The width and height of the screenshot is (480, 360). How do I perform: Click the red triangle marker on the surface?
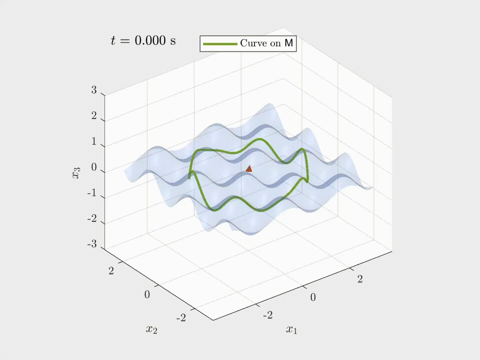click(x=249, y=169)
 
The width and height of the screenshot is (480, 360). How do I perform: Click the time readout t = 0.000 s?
click(x=143, y=41)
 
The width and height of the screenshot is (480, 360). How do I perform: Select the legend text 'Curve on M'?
click(x=266, y=43)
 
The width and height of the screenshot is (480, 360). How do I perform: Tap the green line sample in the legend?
click(x=220, y=44)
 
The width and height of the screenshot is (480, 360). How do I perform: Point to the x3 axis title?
click(x=77, y=173)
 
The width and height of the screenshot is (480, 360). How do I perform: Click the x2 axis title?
click(x=151, y=329)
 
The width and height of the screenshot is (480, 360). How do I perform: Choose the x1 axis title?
click(x=291, y=329)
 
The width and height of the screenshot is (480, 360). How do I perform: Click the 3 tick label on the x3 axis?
click(x=94, y=90)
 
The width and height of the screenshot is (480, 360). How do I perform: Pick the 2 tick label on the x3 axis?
click(x=94, y=116)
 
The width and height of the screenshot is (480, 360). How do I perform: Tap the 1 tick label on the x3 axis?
click(x=94, y=141)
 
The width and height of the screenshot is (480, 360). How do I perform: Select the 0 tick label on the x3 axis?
click(x=94, y=167)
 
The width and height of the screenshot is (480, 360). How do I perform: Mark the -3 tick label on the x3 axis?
click(x=92, y=244)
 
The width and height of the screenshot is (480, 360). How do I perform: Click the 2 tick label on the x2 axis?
click(x=111, y=271)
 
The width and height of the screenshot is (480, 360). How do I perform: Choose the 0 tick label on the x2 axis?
click(x=147, y=294)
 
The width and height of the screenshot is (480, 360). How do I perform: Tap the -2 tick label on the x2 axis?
click(x=181, y=318)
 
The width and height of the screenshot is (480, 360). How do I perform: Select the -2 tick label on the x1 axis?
click(x=268, y=314)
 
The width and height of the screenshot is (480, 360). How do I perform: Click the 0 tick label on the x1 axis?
click(x=313, y=297)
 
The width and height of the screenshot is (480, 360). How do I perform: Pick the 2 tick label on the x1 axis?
click(x=360, y=279)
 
